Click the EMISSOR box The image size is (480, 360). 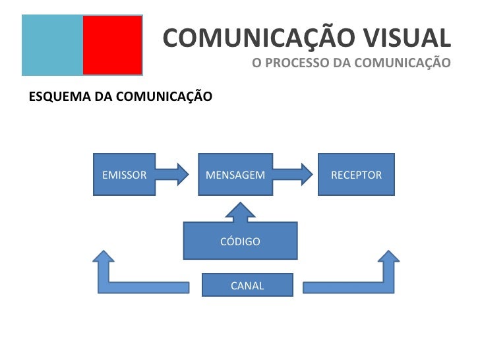coord(124,175)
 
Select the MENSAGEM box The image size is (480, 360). coord(235,175)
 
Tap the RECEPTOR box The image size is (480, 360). coord(356,175)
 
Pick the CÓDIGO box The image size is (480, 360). coord(240,241)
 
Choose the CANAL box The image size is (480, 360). coord(247,285)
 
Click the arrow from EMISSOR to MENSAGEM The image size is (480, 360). coord(172,174)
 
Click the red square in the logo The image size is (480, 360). coord(112,45)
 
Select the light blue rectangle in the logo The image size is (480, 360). coord(52,45)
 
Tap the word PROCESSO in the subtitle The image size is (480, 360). coord(293,63)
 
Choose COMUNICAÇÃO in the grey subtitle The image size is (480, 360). coord(402,63)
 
